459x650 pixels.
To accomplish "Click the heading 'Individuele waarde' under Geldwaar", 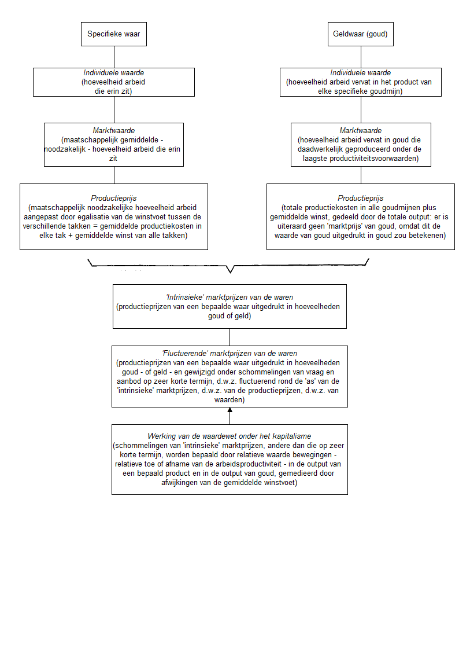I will point(360,73).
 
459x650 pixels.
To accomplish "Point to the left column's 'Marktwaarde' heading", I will point(113,131).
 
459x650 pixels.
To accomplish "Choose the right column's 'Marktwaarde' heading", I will point(360,131).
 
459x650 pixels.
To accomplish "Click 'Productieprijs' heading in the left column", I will point(113,198).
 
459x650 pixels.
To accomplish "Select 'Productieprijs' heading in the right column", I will point(360,198).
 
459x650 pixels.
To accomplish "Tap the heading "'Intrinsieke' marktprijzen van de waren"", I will point(229,298).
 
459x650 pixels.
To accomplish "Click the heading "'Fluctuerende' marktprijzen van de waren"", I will point(229,353).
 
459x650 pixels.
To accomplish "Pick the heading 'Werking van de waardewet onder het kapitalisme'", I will point(229,435).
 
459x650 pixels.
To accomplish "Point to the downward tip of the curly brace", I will point(230,271).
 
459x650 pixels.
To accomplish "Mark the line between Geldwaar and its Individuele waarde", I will point(361,57).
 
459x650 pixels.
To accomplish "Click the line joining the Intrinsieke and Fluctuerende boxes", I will point(230,337).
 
